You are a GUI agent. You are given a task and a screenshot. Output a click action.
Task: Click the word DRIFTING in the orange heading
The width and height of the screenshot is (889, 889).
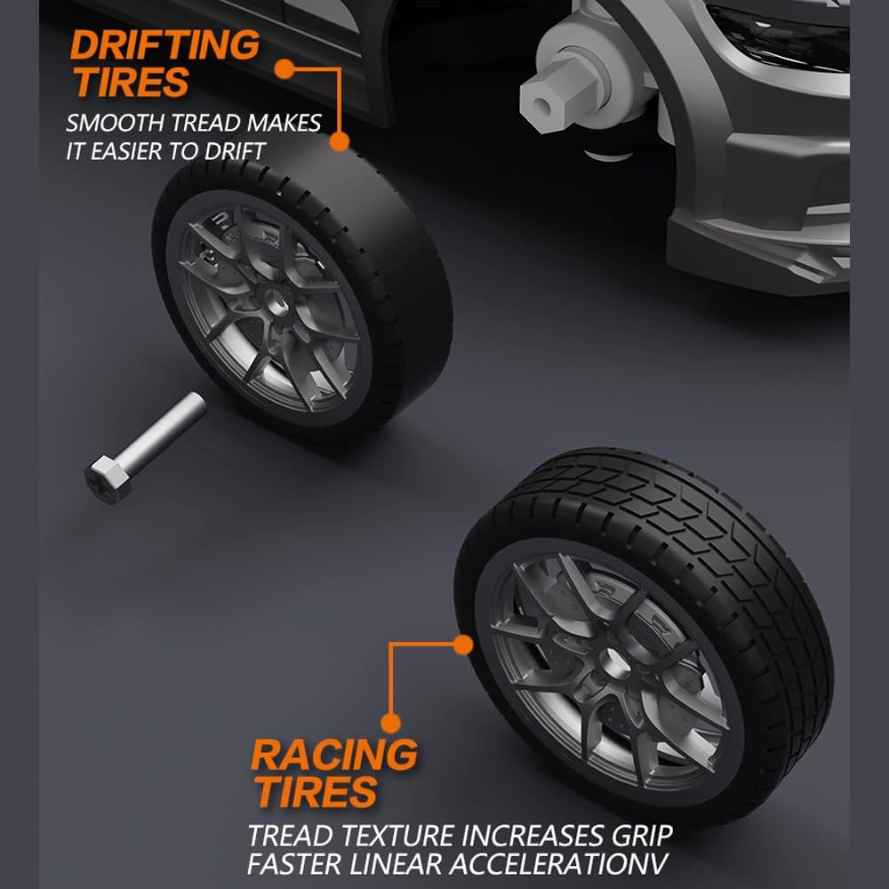click(x=164, y=44)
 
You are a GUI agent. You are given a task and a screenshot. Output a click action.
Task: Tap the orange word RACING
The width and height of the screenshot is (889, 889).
click(x=334, y=755)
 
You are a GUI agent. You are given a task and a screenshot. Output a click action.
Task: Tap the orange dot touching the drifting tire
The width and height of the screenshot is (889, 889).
click(x=339, y=141)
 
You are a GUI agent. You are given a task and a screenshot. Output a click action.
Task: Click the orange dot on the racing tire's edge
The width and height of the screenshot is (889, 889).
click(x=463, y=645)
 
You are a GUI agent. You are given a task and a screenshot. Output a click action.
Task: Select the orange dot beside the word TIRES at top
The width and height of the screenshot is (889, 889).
click(x=284, y=69)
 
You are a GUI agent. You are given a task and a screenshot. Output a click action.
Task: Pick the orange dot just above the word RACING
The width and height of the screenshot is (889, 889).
click(x=390, y=723)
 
